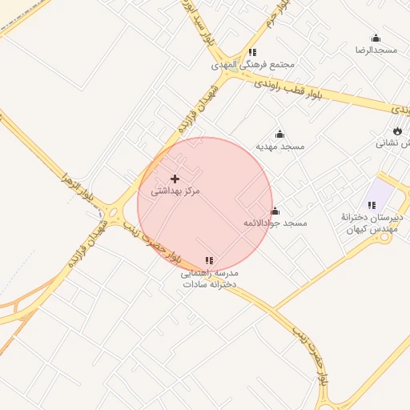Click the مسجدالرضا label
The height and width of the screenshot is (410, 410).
point(376,50)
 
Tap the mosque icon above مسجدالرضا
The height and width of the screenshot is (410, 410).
point(376,38)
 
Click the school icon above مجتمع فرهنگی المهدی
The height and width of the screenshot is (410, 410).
point(253,52)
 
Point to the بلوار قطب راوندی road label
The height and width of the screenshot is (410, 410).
point(288,88)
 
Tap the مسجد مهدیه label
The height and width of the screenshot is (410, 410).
point(280,147)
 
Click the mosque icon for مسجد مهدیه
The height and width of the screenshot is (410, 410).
point(279,134)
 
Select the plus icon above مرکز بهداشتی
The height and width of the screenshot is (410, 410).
point(175,179)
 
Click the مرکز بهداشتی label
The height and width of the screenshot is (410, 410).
point(175,191)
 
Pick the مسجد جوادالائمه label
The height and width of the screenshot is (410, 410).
point(275,223)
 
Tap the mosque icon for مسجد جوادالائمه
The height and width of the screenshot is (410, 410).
point(275,211)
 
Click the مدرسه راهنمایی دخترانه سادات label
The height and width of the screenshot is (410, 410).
point(209,278)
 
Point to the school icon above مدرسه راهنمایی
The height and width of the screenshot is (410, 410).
point(209,260)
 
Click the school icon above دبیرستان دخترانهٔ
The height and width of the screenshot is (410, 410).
point(372,205)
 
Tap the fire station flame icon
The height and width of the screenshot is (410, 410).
point(397,131)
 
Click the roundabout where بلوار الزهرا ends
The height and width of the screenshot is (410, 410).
point(115,215)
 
